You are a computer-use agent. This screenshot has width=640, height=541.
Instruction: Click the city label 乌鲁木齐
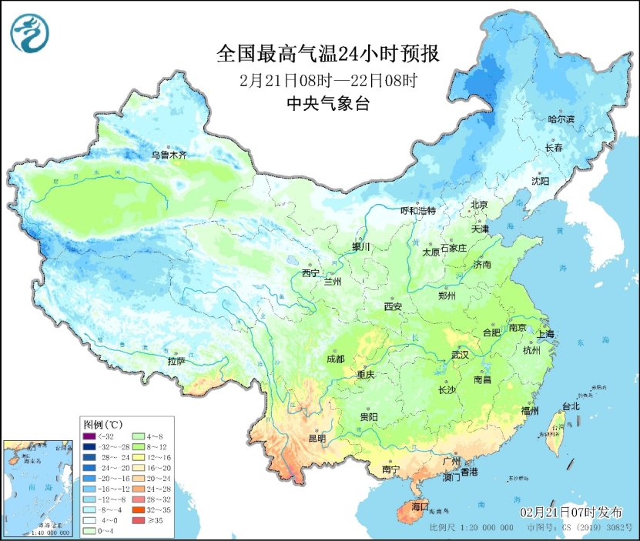click(168, 155)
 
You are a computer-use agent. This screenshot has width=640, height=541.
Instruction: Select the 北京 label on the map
click(480, 205)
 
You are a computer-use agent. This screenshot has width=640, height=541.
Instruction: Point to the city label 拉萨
click(176, 361)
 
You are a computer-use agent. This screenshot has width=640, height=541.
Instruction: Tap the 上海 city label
click(545, 334)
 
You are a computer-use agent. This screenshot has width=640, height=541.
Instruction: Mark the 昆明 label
click(317, 438)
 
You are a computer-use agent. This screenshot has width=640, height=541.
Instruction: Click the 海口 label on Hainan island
click(420, 507)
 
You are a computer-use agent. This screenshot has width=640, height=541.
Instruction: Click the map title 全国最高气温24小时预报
click(328, 55)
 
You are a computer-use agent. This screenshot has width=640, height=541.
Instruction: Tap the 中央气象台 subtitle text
click(328, 104)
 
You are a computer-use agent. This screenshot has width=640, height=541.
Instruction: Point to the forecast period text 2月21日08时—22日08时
click(328, 80)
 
